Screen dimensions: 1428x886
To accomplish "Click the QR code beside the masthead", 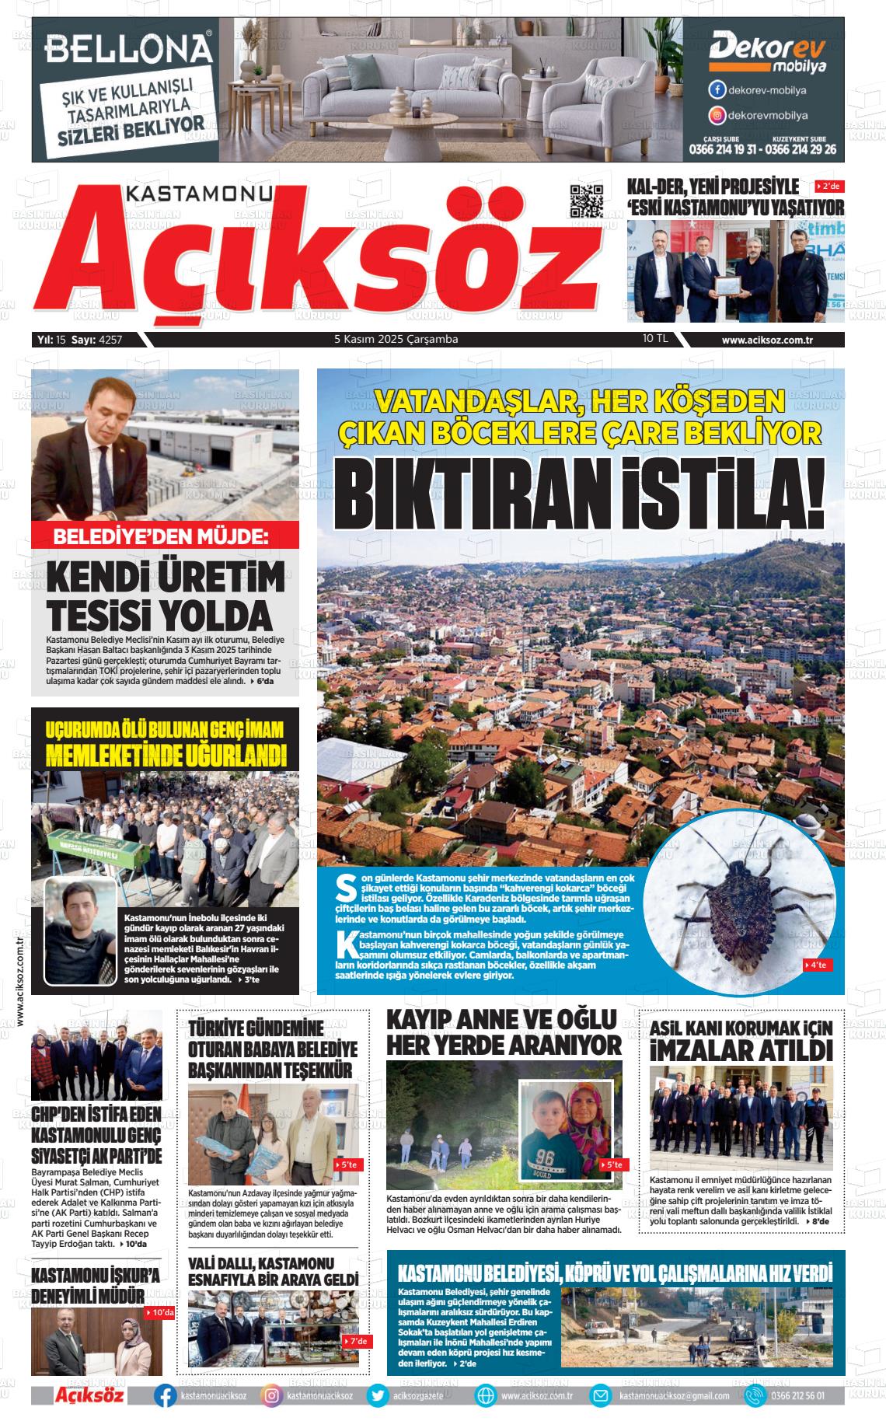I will (587, 202).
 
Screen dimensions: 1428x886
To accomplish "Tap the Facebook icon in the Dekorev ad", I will (717, 90).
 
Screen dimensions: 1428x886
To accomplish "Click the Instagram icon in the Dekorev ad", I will (717, 116).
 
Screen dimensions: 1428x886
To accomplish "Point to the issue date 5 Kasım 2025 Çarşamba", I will (396, 340).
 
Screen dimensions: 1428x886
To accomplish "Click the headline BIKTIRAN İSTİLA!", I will (580, 494).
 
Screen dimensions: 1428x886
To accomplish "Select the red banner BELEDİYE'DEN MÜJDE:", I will (165, 536).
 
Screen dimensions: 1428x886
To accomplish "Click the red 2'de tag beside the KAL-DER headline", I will (828, 187).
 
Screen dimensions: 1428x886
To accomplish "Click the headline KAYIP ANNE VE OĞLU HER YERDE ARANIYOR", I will (504, 1032).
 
